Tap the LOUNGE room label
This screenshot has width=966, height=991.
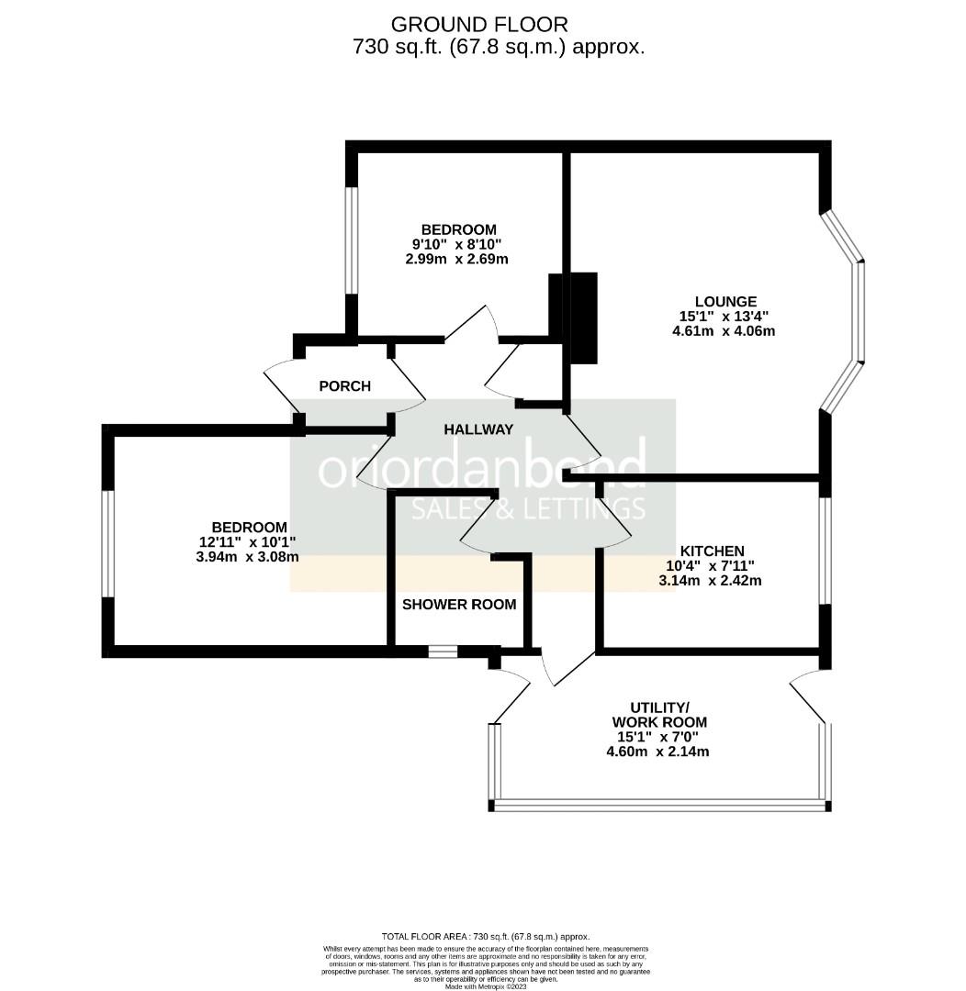[x=724, y=301]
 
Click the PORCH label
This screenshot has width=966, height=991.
[x=344, y=386]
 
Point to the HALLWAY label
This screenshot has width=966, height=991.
[x=478, y=429]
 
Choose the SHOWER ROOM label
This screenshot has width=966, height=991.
[x=459, y=605]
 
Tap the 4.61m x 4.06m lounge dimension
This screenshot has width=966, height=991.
[x=724, y=331]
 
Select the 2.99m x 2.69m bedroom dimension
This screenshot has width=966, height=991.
[x=457, y=260]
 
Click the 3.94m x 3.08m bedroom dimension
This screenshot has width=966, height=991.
[x=248, y=557]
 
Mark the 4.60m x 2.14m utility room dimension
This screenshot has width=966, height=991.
[x=657, y=752]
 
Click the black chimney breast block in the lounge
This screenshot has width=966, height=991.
[x=584, y=317]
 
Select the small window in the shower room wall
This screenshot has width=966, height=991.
[x=443, y=652]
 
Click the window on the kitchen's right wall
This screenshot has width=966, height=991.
[x=826, y=551]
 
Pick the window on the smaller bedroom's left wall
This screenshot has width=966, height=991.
[x=352, y=240]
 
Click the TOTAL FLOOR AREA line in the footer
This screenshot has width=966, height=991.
[x=486, y=936]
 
